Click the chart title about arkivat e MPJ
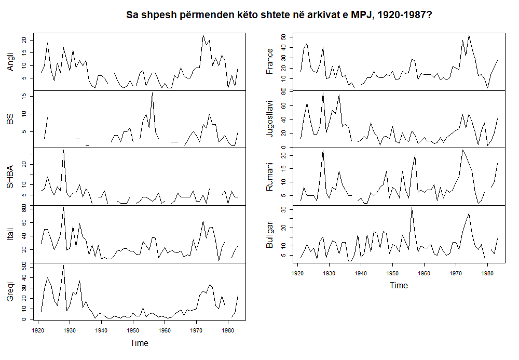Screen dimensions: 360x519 pyautogui.click(x=279, y=15)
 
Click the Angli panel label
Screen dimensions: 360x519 pyautogui.click(x=10, y=62)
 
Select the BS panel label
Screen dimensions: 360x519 pyautogui.click(x=10, y=121)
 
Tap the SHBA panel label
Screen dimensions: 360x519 pyautogui.click(x=10, y=177)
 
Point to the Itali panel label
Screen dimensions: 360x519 pyautogui.click(x=10, y=234)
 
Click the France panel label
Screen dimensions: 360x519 pyautogui.click(x=269, y=61)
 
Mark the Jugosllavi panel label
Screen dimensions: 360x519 pyautogui.click(x=269, y=119)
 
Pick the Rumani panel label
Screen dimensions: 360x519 pyautogui.click(x=269, y=177)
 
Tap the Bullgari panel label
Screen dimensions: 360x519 pyautogui.click(x=269, y=234)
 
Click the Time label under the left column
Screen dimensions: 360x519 pyautogui.click(x=139, y=343)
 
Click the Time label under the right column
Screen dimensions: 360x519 pyautogui.click(x=399, y=285)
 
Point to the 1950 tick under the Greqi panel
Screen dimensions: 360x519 pyautogui.click(x=133, y=330)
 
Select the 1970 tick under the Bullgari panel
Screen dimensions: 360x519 pyautogui.click(x=456, y=272)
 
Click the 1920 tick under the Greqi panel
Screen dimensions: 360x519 pyautogui.click(x=38, y=330)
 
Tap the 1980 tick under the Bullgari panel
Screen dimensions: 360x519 pyautogui.click(x=488, y=272)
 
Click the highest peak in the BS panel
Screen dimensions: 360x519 pyautogui.click(x=152, y=93)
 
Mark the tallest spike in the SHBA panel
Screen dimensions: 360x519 pyautogui.click(x=63, y=150)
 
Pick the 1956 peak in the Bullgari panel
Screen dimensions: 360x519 pyautogui.click(x=412, y=207)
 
